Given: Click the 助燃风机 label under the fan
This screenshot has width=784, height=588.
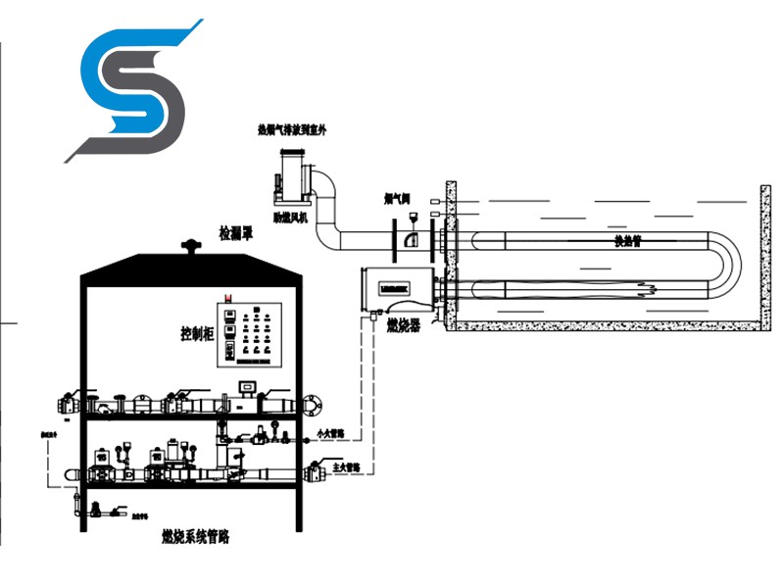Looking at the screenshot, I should point(289,218).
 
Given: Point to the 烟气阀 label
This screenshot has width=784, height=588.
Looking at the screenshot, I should point(397,199).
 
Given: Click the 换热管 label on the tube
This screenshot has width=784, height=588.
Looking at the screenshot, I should point(627,240).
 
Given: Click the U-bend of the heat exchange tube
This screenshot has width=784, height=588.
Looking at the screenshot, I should point(729,266).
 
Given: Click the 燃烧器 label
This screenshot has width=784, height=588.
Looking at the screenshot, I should point(403,324).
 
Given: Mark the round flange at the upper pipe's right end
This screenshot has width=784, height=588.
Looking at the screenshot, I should point(313,402).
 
